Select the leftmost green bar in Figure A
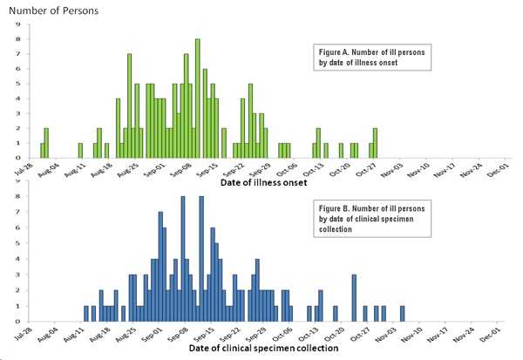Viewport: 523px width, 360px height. pyautogui.click(x=42, y=150)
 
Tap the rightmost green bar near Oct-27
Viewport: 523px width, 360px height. pyautogui.click(x=375, y=142)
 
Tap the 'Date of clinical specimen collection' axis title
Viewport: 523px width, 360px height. pyautogui.click(x=225, y=354)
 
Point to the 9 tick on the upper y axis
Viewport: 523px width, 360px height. pyautogui.click(x=18, y=24)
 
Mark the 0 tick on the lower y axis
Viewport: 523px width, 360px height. pyautogui.click(x=18, y=321)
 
